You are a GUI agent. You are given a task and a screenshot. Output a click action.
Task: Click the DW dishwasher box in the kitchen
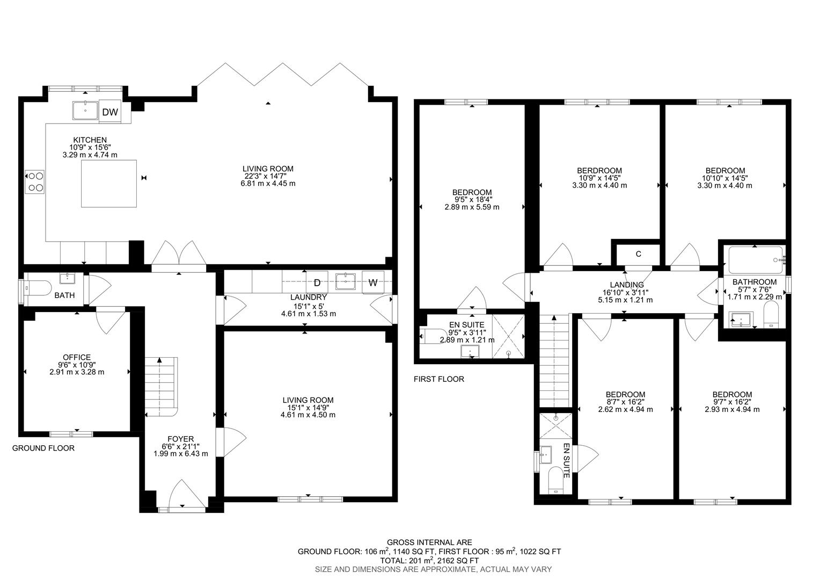(x=110, y=112)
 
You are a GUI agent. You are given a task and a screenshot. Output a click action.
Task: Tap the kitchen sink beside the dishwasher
(x=85, y=110)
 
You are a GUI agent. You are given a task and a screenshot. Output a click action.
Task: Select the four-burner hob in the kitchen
(x=35, y=182)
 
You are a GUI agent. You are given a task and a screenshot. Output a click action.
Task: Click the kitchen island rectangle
(x=108, y=183)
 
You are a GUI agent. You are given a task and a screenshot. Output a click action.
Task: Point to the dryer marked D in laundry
(x=317, y=282)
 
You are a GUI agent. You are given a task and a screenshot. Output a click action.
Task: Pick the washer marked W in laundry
(x=372, y=282)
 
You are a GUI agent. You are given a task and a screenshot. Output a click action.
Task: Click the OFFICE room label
(x=77, y=357)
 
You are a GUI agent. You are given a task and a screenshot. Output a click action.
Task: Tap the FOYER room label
(x=180, y=439)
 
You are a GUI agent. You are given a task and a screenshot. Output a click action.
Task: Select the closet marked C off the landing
(x=638, y=254)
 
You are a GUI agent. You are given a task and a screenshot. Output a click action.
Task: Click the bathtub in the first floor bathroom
(x=754, y=260)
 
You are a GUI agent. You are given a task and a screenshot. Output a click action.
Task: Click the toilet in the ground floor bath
(x=38, y=288)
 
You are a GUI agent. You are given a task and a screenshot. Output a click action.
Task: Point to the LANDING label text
(x=626, y=285)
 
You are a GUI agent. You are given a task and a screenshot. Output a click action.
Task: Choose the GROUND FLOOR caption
(x=43, y=448)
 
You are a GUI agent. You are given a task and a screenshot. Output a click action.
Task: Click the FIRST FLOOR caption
(x=438, y=379)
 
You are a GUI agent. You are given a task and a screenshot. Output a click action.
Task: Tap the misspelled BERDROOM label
(x=599, y=171)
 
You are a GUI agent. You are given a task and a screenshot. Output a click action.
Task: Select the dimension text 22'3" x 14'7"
(x=268, y=176)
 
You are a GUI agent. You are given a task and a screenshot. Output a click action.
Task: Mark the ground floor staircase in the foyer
(x=160, y=387)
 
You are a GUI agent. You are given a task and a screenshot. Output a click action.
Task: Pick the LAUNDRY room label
(x=308, y=297)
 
